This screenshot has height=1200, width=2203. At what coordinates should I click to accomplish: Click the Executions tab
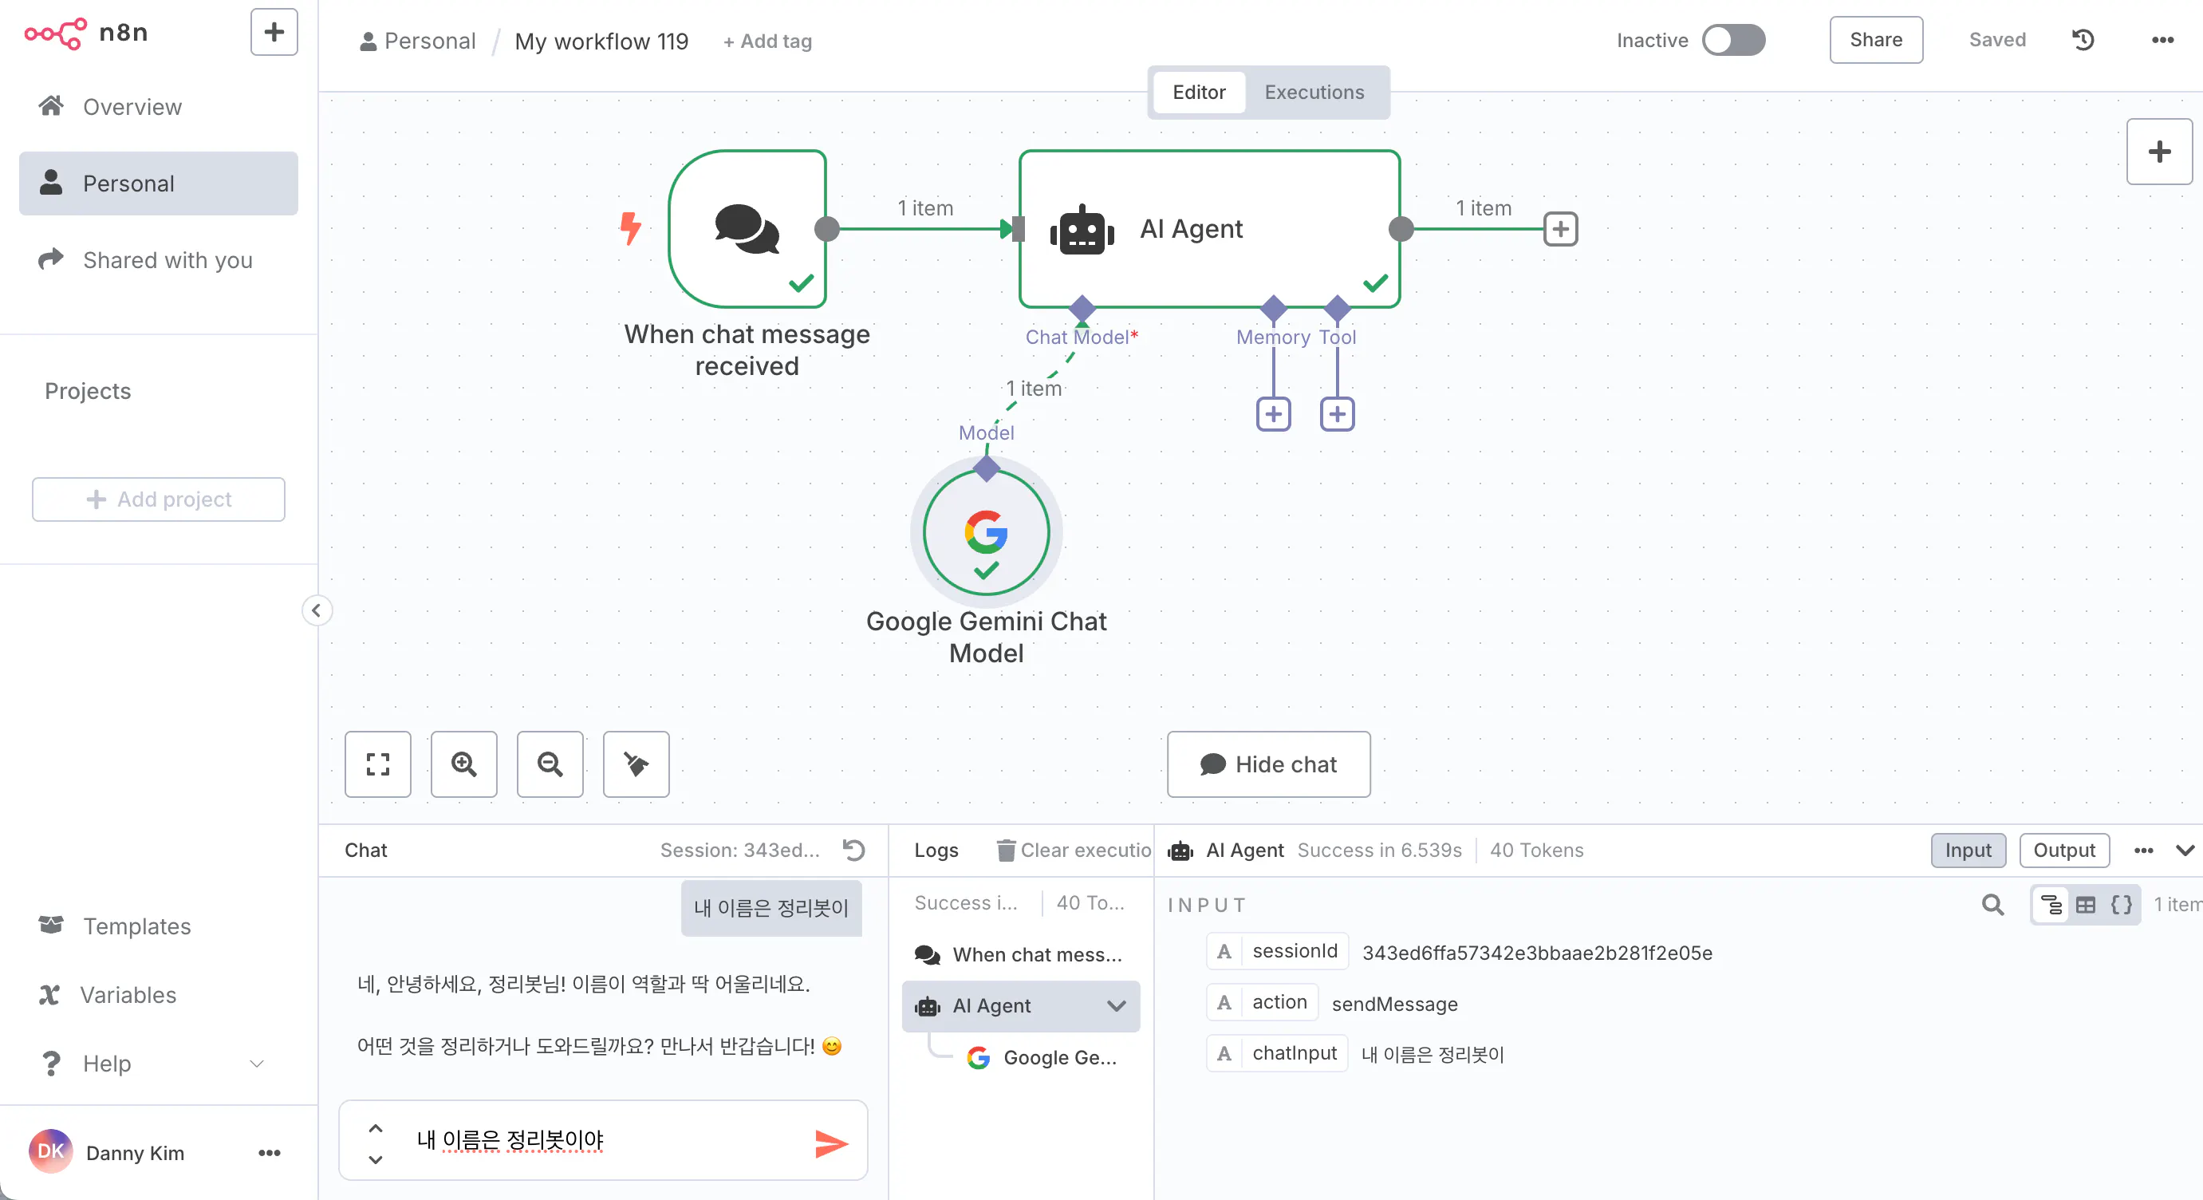1314,93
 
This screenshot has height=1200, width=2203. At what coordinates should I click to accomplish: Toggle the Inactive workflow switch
1733,40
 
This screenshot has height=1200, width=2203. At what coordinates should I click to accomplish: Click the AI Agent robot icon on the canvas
1082,229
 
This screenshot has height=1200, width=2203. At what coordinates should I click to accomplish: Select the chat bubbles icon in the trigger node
747,228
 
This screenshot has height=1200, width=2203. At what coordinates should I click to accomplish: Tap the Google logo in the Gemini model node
986,531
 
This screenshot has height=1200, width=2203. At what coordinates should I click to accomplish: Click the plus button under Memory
1274,415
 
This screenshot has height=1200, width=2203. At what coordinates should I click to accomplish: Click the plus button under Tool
1338,415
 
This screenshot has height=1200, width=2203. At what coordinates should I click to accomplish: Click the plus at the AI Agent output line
1561,229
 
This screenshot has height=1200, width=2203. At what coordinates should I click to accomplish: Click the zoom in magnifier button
463,764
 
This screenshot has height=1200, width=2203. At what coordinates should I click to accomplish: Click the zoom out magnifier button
550,764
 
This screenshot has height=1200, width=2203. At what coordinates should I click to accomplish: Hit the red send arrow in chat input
830,1143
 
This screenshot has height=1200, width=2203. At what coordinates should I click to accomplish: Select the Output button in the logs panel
2063,851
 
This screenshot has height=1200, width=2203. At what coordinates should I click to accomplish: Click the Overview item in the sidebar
132,107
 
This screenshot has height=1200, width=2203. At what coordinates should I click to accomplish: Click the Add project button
158,499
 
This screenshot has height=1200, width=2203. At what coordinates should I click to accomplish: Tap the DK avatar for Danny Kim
51,1152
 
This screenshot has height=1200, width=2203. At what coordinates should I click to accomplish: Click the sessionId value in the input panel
1537,953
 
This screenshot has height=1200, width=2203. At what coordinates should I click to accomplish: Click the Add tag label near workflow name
767,41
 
